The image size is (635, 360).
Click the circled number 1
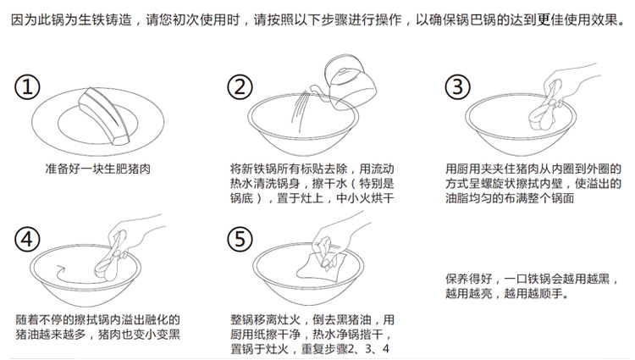pos(27,87)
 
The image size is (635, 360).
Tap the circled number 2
pos(240,87)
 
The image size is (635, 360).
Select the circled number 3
pos(457,87)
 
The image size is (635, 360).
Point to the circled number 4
pos(27,239)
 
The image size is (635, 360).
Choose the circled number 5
pos(240,239)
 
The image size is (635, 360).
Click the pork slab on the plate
pos(105,115)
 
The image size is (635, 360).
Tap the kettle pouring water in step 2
pos(348,83)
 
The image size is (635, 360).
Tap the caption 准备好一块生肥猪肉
pos(97,169)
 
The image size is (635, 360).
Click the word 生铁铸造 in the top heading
pos(105,19)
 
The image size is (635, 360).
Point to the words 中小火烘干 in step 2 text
pos(365,198)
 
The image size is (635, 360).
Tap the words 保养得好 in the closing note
pos(468,279)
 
